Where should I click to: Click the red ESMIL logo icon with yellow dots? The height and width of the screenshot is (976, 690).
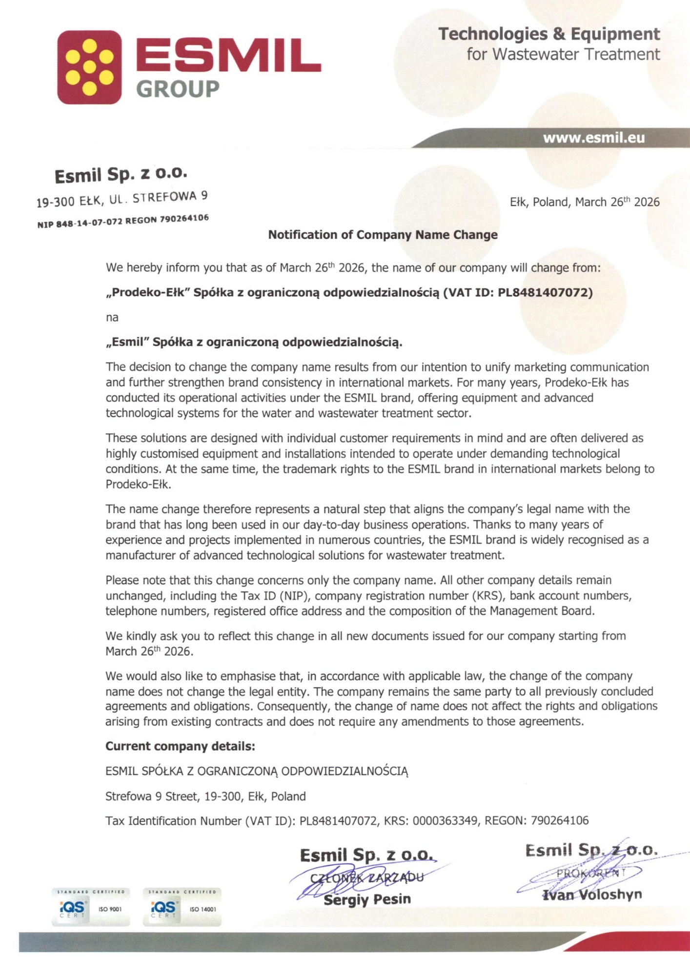point(89,67)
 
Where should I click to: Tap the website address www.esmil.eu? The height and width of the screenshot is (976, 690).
point(593,138)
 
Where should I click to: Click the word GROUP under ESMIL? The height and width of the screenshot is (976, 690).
point(177,89)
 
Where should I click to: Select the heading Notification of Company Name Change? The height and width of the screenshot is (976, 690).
point(383,235)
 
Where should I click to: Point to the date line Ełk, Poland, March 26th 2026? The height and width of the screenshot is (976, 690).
point(584,202)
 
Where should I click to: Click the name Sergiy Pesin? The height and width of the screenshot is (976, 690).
point(367,899)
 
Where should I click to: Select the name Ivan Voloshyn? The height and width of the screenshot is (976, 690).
point(592,894)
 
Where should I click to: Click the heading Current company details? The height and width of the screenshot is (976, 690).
point(180,746)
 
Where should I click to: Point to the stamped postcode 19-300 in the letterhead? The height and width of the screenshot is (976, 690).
point(55,202)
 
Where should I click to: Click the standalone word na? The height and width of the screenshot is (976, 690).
point(112,318)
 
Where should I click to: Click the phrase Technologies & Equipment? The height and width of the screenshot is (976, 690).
point(548,34)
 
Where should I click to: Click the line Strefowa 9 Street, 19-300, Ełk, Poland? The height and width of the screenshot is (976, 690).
point(205,796)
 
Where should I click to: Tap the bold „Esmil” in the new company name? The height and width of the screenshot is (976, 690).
point(127,342)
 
